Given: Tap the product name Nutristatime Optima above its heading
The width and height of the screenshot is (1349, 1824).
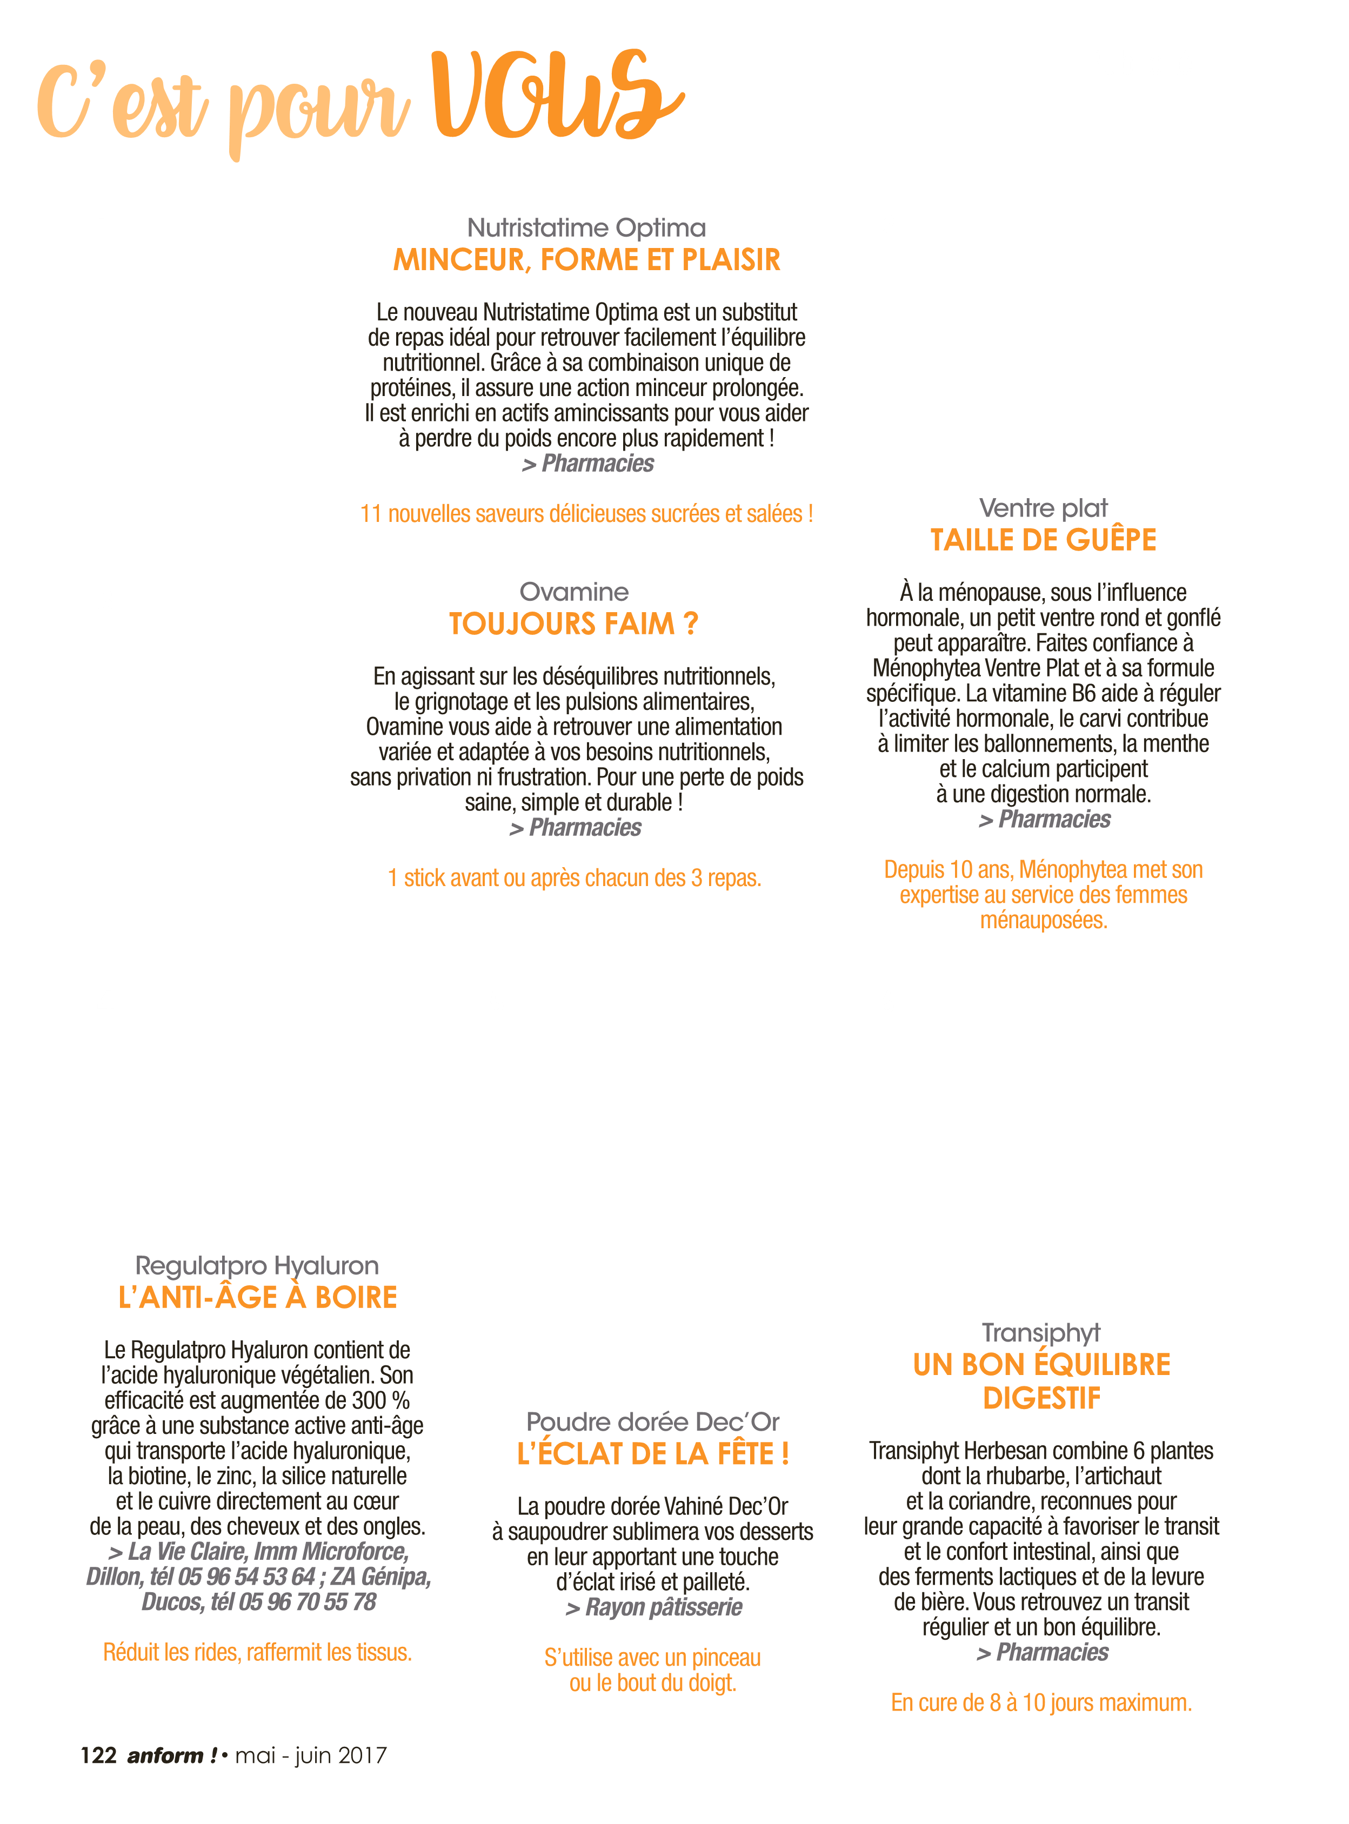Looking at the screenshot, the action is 586,227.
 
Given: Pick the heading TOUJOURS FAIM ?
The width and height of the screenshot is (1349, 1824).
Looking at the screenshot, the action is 574,623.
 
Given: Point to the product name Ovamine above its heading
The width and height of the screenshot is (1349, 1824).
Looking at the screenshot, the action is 574,592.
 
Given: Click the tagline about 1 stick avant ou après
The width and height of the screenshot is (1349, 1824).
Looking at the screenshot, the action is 574,878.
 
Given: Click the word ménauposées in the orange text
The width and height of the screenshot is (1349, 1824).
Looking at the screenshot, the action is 1044,921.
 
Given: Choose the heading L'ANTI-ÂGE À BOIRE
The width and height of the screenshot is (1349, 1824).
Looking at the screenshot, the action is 257,1298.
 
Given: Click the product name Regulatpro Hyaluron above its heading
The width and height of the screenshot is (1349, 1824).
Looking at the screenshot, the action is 257,1266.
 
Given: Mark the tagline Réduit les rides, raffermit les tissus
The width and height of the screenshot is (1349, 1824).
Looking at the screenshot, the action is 257,1653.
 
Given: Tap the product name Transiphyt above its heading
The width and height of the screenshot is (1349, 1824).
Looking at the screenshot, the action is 1041,1333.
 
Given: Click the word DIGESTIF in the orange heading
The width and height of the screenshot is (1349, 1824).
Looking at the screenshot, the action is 1042,1398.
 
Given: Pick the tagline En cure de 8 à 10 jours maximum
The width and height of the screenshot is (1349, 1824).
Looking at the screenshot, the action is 1041,1703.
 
